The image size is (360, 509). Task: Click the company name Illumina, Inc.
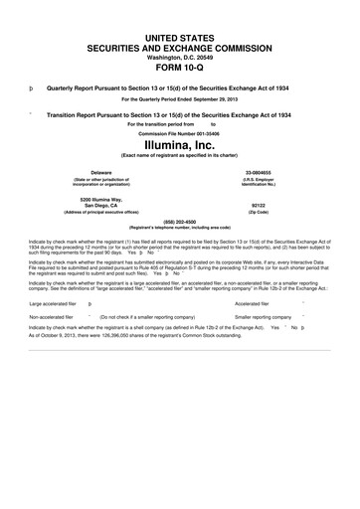(x=180, y=143)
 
